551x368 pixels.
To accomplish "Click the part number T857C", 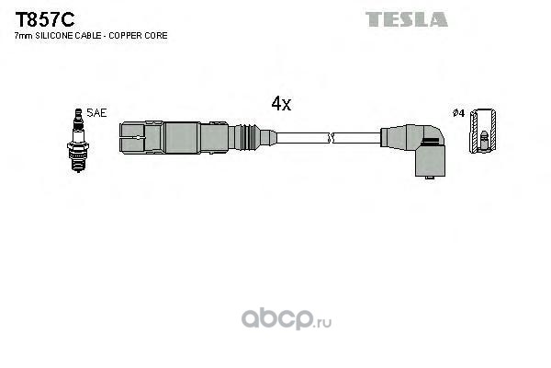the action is click(x=45, y=19).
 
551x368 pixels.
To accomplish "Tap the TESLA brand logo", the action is click(x=407, y=19).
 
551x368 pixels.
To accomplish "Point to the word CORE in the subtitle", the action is click(x=158, y=36).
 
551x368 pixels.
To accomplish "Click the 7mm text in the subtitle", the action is click(x=23, y=36).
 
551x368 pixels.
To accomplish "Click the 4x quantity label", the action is click(x=281, y=104).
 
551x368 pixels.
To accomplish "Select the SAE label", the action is click(x=96, y=112).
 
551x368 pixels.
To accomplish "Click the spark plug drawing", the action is click(x=78, y=140).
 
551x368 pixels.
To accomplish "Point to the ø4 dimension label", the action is click(x=458, y=113).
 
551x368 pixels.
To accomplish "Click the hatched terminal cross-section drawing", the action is click(x=483, y=131).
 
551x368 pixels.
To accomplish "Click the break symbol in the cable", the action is click(x=331, y=138).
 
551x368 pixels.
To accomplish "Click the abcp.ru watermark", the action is click(x=286, y=318).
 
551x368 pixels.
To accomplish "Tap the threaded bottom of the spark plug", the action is click(x=78, y=164).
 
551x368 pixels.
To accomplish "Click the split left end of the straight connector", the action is click(x=131, y=137).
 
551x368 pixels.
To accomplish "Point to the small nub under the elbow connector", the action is click(x=429, y=178).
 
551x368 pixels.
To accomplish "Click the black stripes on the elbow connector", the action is click(x=433, y=142).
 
